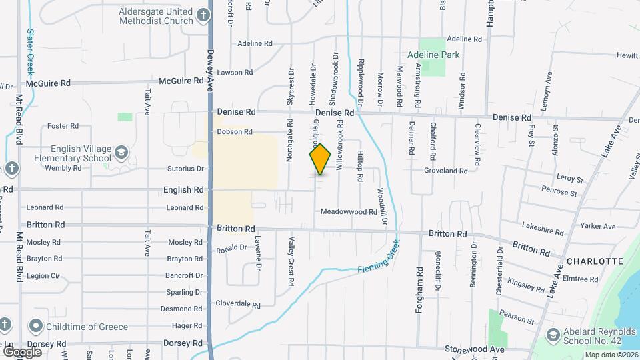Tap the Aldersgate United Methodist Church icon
click(x=203, y=13)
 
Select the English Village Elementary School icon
click(x=121, y=153)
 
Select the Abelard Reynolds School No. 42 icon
click(x=552, y=335)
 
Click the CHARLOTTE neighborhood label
click(x=595, y=261)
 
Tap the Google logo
click(x=23, y=351)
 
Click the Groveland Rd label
click(x=446, y=171)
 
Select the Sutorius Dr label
click(x=185, y=169)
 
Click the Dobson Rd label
click(x=234, y=132)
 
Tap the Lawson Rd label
click(x=235, y=72)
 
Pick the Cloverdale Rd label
click(x=237, y=304)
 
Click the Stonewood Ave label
click(x=475, y=349)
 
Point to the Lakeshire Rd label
click(x=543, y=230)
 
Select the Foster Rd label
click(x=63, y=126)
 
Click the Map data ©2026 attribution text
click(x=611, y=355)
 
